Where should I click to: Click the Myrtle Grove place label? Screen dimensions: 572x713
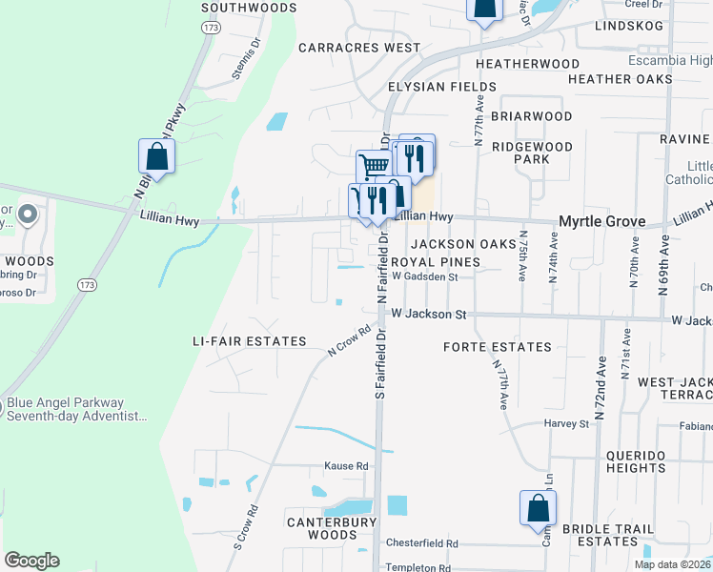601,221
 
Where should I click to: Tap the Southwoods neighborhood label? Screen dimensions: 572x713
250,8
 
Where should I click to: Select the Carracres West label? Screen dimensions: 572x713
359,47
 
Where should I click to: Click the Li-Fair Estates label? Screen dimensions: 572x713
249,341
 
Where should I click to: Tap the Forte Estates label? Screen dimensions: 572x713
498,347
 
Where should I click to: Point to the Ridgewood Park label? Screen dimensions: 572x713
532,153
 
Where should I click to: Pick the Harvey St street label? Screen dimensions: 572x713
566,423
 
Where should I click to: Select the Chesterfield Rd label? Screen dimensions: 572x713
421,543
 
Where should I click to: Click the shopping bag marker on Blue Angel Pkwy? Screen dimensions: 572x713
155,157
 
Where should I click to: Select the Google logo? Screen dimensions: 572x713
32,561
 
